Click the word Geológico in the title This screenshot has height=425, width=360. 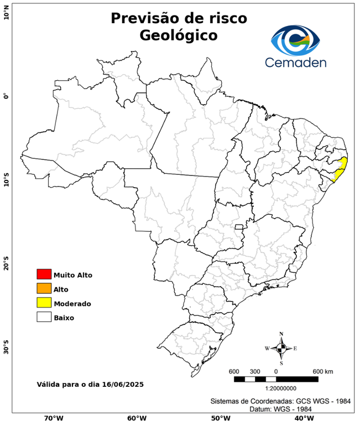pos(179,35)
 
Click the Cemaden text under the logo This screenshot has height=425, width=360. pos(295,62)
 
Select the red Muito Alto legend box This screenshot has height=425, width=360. pos(44,274)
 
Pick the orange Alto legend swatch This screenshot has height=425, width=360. pos(44,288)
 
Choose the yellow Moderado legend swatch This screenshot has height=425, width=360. pos(44,303)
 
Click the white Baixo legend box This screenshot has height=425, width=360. pos(44,317)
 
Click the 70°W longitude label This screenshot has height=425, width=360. pos(53,418)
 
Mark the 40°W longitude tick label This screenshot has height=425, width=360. pos(302,418)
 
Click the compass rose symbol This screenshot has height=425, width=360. pos(281,348)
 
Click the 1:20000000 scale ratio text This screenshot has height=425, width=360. pos(275,388)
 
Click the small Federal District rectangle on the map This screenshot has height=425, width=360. pos(239,227)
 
